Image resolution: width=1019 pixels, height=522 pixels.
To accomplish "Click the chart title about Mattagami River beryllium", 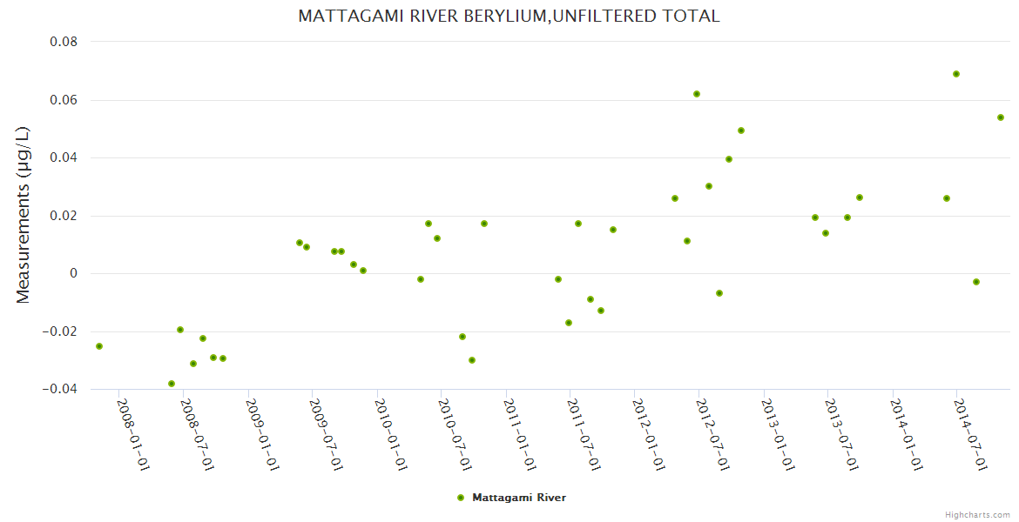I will point(509,17).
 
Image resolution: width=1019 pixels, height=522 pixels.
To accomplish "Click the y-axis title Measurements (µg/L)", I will point(24,215).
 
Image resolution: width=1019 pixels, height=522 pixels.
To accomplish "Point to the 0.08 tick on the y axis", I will point(63,42).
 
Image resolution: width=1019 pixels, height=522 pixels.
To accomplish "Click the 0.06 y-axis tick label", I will point(63,100).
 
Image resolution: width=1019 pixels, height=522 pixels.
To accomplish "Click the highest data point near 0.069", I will point(956,74).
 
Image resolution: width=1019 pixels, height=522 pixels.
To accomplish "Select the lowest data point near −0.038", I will point(172,384).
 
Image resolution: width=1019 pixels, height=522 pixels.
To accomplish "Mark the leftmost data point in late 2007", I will point(99,346).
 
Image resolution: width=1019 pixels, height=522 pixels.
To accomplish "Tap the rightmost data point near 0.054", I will point(1001,117).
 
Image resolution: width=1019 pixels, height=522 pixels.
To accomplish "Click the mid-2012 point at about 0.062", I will point(697,94).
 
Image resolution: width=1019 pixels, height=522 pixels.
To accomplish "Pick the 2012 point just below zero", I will point(719,293).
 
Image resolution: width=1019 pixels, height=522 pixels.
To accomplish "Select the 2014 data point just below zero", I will point(976,282).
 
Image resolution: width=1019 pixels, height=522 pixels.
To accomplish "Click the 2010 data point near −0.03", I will point(472,360).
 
